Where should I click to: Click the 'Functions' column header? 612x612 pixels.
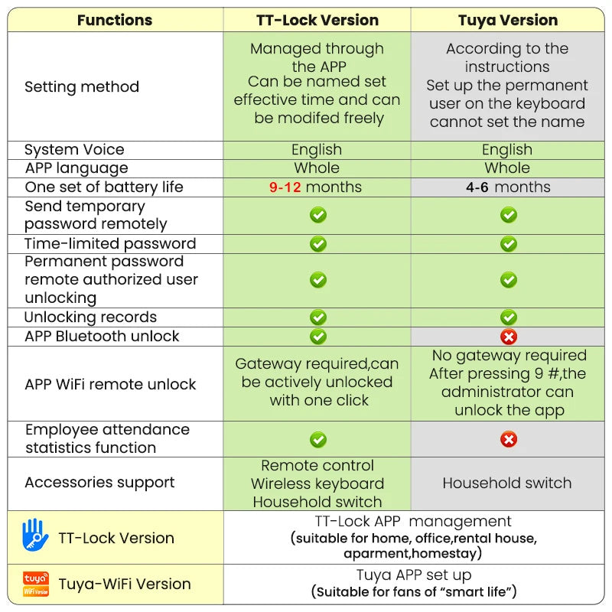click(x=115, y=21)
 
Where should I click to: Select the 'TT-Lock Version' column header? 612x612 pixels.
click(x=317, y=21)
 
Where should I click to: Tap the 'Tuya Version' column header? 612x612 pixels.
click(x=508, y=21)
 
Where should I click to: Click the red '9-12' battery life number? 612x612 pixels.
click(x=285, y=187)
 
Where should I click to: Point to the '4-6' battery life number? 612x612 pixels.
click(x=477, y=187)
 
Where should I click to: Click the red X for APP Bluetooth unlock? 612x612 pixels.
click(x=509, y=337)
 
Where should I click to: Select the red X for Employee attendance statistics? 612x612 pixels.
click(x=509, y=439)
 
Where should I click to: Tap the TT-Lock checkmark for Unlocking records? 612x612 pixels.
click(x=318, y=317)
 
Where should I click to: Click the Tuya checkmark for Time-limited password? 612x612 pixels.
click(x=509, y=244)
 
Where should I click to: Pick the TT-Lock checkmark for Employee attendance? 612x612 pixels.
click(x=318, y=439)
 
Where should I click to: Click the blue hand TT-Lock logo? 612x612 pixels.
click(x=35, y=535)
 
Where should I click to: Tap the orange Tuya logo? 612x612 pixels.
click(x=36, y=584)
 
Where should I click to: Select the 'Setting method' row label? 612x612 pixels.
click(x=82, y=86)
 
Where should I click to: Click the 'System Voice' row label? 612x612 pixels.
click(x=74, y=150)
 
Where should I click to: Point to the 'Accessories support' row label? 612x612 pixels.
click(x=99, y=483)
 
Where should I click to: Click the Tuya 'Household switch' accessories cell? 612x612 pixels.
click(x=507, y=483)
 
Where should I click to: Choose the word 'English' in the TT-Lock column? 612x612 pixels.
click(x=317, y=150)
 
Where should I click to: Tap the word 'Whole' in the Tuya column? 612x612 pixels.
click(x=507, y=168)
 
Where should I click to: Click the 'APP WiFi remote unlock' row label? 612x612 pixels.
click(x=110, y=385)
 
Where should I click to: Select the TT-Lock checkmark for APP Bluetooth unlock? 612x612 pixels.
click(x=318, y=337)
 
